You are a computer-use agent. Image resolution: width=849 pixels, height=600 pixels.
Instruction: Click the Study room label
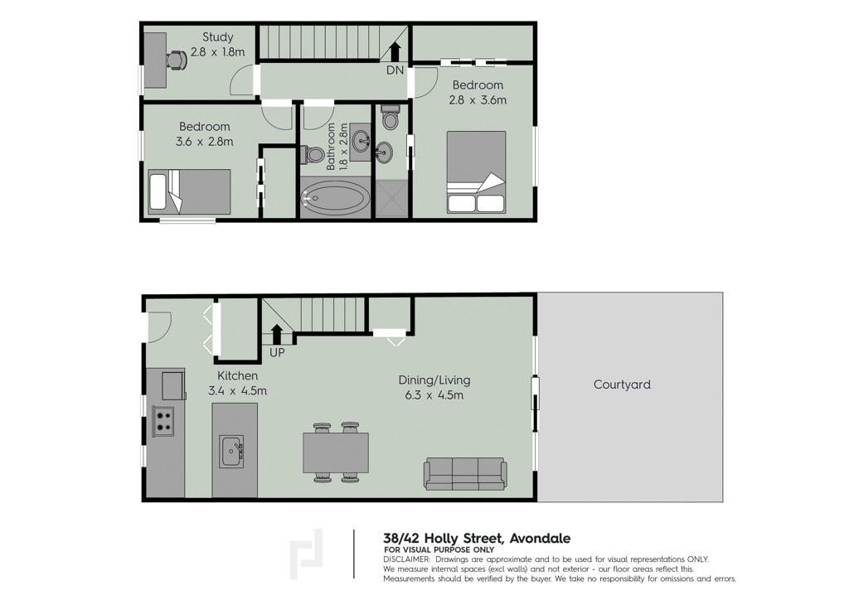pyautogui.click(x=218, y=37)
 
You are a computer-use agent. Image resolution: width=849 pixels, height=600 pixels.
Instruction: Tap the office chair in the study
pyautogui.click(x=176, y=60)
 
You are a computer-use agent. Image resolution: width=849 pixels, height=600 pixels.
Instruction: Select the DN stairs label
pyautogui.click(x=395, y=70)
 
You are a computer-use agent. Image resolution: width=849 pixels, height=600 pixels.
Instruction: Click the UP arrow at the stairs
pyautogui.click(x=277, y=334)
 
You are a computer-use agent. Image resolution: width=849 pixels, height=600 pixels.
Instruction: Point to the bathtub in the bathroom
pyautogui.click(x=335, y=198)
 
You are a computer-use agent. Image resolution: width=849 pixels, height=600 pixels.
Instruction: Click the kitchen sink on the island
pyautogui.click(x=232, y=452)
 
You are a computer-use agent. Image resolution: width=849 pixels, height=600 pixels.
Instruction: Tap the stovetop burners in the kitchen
pyautogui.click(x=163, y=421)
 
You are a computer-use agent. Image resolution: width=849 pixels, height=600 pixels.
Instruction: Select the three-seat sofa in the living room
pyautogui.click(x=466, y=474)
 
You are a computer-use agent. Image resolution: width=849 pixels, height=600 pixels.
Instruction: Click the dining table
pyautogui.click(x=336, y=452)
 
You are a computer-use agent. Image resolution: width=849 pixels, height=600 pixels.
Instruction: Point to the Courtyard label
pyautogui.click(x=622, y=385)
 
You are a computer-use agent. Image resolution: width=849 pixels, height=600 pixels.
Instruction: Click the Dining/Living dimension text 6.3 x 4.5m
pyautogui.click(x=434, y=395)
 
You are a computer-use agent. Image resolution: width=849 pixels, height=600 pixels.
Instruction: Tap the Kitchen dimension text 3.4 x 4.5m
pyautogui.click(x=237, y=390)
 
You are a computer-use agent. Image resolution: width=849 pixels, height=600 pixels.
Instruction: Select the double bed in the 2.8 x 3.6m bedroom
pyautogui.click(x=477, y=172)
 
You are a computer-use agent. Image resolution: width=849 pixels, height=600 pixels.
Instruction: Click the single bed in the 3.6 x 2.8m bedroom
pyautogui.click(x=190, y=192)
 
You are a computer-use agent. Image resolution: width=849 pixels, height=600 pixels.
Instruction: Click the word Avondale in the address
pyautogui.click(x=539, y=539)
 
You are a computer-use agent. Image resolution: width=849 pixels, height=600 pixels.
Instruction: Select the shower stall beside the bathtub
pyautogui.click(x=391, y=199)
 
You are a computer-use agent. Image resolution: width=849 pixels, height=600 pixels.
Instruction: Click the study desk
pyautogui.click(x=155, y=60)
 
